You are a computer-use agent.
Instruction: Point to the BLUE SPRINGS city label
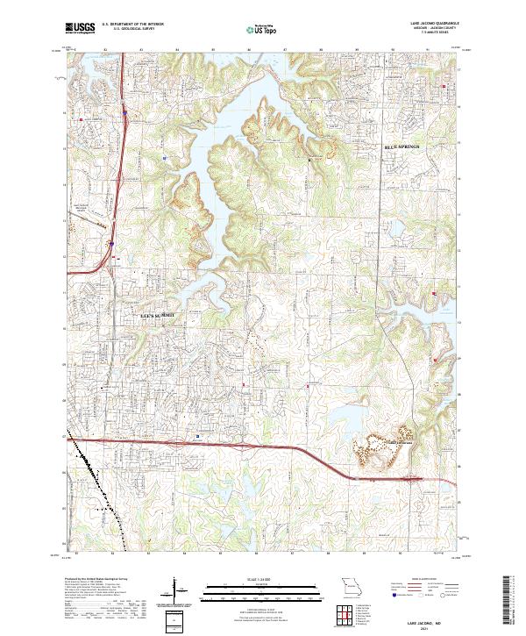[x=402, y=146]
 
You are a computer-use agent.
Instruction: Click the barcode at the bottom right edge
[x=508, y=601]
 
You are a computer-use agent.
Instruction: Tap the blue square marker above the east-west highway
[x=198, y=435]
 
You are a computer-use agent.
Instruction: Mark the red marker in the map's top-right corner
[x=445, y=85]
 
